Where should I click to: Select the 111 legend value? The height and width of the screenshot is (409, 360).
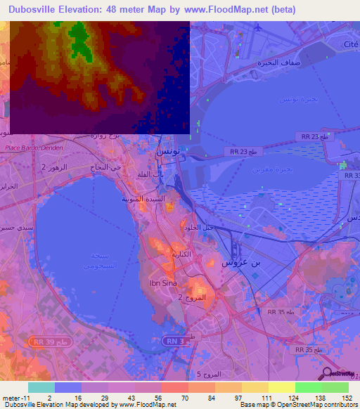[x=265, y=398]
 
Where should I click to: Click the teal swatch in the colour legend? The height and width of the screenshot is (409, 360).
[x=41, y=387]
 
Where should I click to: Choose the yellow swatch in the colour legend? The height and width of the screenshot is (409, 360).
[x=281, y=387]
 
